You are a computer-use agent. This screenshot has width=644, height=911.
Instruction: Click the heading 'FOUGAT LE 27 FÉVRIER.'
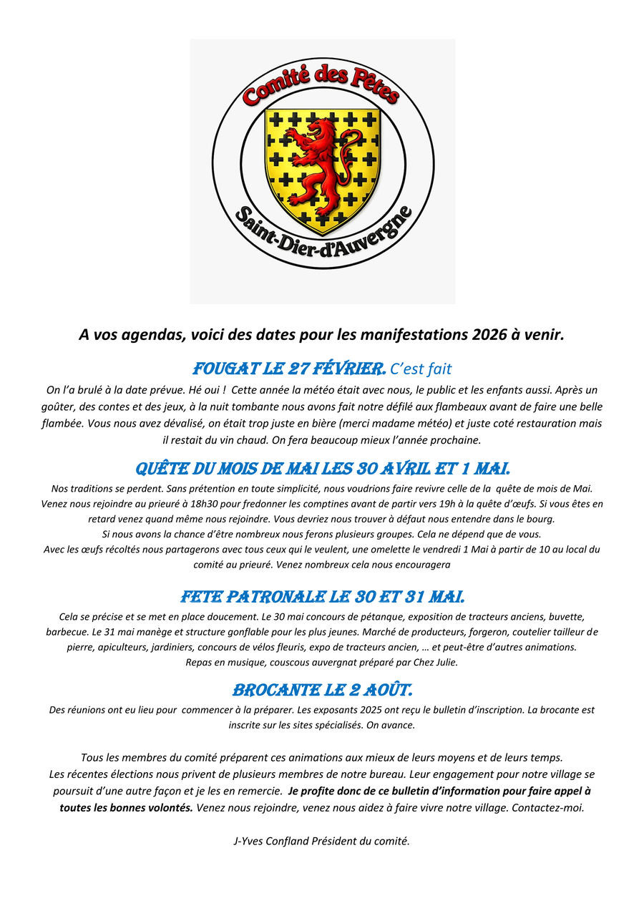(x=290, y=369)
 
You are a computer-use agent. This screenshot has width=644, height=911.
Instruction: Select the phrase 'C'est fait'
(x=421, y=369)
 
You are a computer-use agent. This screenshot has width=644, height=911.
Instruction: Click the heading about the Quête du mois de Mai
(x=323, y=469)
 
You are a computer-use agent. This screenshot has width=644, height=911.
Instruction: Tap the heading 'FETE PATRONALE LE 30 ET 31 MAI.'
(x=323, y=597)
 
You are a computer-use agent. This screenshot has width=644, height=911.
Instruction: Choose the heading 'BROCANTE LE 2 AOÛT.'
(x=323, y=691)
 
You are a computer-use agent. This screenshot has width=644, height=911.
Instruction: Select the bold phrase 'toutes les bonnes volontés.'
(x=127, y=807)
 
